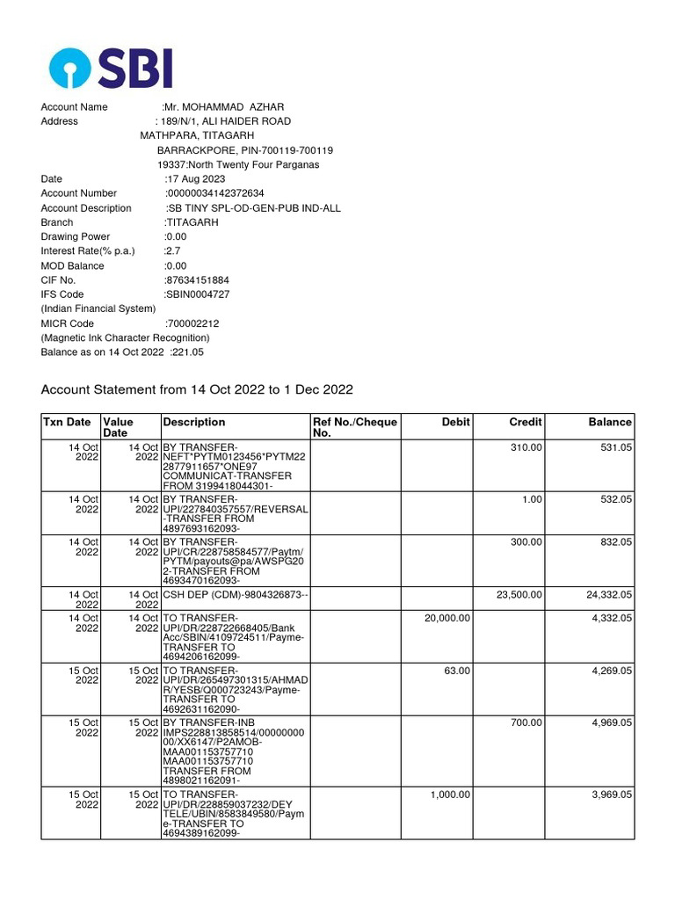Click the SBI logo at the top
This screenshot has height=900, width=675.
[111, 68]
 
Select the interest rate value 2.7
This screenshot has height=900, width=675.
[172, 251]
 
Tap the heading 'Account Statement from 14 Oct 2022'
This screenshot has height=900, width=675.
[197, 389]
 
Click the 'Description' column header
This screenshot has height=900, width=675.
[194, 423]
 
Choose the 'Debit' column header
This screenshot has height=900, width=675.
[455, 423]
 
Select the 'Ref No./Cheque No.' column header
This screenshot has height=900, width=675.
[354, 428]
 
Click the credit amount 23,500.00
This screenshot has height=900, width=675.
[519, 595]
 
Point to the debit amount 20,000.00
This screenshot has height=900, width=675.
[447, 618]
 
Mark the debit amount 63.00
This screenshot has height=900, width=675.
[457, 671]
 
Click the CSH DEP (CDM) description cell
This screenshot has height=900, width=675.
[235, 595]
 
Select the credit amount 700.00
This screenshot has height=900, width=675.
[527, 723]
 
